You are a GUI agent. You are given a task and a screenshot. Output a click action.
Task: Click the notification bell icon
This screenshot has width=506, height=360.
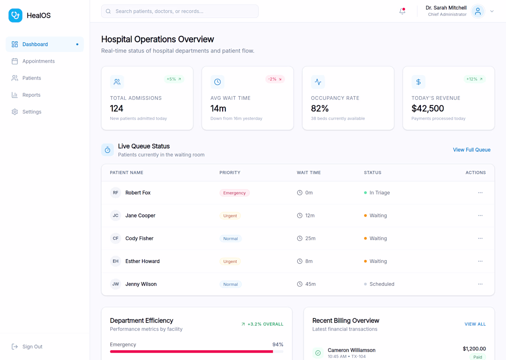pos(402,11)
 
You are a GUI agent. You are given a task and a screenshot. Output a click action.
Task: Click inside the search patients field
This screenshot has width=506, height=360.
pos(180,12)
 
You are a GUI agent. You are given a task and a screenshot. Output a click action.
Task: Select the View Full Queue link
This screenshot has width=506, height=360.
pos(471,150)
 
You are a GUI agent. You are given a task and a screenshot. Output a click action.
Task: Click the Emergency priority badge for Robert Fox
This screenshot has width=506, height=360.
pos(235,193)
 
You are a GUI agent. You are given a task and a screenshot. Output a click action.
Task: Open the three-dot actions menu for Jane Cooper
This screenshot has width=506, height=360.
pos(480,215)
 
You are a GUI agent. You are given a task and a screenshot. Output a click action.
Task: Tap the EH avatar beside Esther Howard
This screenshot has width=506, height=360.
pos(115,261)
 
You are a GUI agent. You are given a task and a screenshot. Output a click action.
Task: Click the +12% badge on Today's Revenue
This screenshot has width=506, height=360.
pos(474,79)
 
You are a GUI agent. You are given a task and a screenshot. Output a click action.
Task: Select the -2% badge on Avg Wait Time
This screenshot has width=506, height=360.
pos(275,79)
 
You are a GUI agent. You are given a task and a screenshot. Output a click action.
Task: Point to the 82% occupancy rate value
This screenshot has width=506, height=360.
pos(320,109)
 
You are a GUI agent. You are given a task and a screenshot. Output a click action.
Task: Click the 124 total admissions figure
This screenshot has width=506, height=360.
pos(116,109)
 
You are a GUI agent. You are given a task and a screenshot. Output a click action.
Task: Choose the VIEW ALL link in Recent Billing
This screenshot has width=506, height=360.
pos(475,324)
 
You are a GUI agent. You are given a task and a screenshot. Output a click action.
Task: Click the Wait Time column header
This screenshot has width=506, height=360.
pos(309,173)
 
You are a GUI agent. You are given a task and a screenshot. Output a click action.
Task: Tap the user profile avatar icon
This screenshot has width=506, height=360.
pos(478,12)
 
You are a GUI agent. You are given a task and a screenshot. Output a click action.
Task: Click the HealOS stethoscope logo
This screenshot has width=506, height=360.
pos(15,16)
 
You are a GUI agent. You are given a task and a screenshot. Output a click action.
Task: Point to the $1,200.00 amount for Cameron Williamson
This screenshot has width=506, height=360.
pos(474,348)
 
